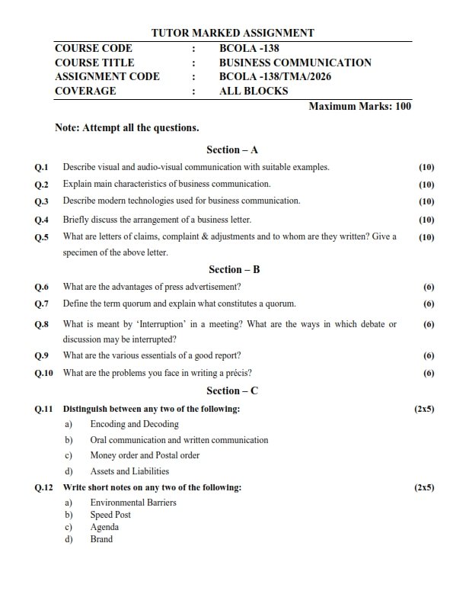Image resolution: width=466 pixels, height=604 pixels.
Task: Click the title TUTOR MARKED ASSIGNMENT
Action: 233,33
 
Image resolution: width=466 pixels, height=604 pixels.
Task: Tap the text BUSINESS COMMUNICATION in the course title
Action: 295,63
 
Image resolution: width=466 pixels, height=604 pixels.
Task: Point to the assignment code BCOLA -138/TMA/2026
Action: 275,76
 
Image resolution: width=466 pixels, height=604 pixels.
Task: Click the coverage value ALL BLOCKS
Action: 253,91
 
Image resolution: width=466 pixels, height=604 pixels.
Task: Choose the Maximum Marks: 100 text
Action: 359,106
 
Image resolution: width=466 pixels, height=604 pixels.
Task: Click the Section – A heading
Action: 233,150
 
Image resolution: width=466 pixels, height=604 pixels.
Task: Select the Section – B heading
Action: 233,269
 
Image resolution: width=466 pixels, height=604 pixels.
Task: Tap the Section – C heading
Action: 233,391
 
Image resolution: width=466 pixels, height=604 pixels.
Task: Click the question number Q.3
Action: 42,201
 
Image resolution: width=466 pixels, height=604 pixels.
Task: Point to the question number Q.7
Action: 42,304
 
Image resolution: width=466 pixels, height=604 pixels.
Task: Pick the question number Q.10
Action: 44,373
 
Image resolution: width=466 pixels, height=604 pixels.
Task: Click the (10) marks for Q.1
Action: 426,166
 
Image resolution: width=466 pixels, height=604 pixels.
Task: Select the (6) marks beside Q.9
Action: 429,356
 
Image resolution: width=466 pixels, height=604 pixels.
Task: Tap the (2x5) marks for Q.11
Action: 424,410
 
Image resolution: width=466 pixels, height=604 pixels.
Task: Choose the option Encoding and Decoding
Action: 134,424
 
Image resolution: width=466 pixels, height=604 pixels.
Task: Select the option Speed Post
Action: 110,515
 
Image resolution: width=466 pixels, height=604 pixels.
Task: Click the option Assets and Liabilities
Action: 129,471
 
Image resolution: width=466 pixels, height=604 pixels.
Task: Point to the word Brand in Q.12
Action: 101,539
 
